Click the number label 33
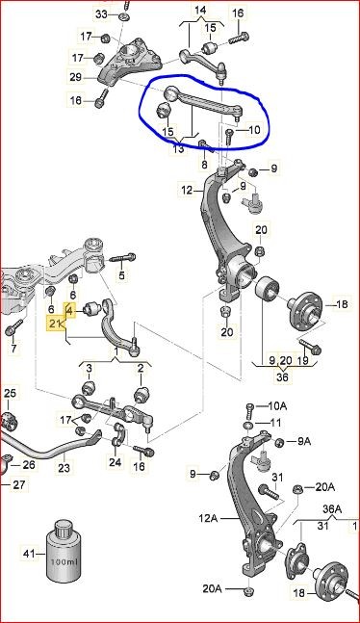101,14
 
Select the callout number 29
75,77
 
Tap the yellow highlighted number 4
69,310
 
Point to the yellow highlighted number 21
55,324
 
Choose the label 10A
278,405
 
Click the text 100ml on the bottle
64,561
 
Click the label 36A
332,508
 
